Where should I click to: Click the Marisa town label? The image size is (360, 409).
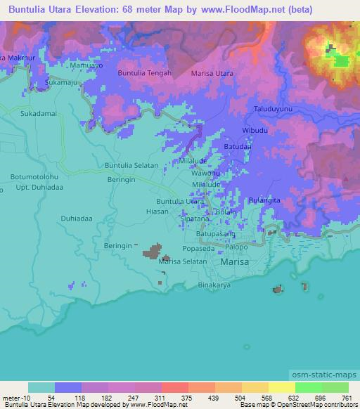pyautogui.click(x=234, y=261)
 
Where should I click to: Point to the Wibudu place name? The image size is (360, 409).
pyautogui.click(x=255, y=130)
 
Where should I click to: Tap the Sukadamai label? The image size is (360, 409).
pyautogui.click(x=37, y=113)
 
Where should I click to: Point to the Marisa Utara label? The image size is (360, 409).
pyautogui.click(x=212, y=72)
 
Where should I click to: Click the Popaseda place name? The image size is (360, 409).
pyautogui.click(x=191, y=249)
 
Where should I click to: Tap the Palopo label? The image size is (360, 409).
pyautogui.click(x=238, y=246)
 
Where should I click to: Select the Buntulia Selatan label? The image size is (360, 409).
pyautogui.click(x=130, y=165)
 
